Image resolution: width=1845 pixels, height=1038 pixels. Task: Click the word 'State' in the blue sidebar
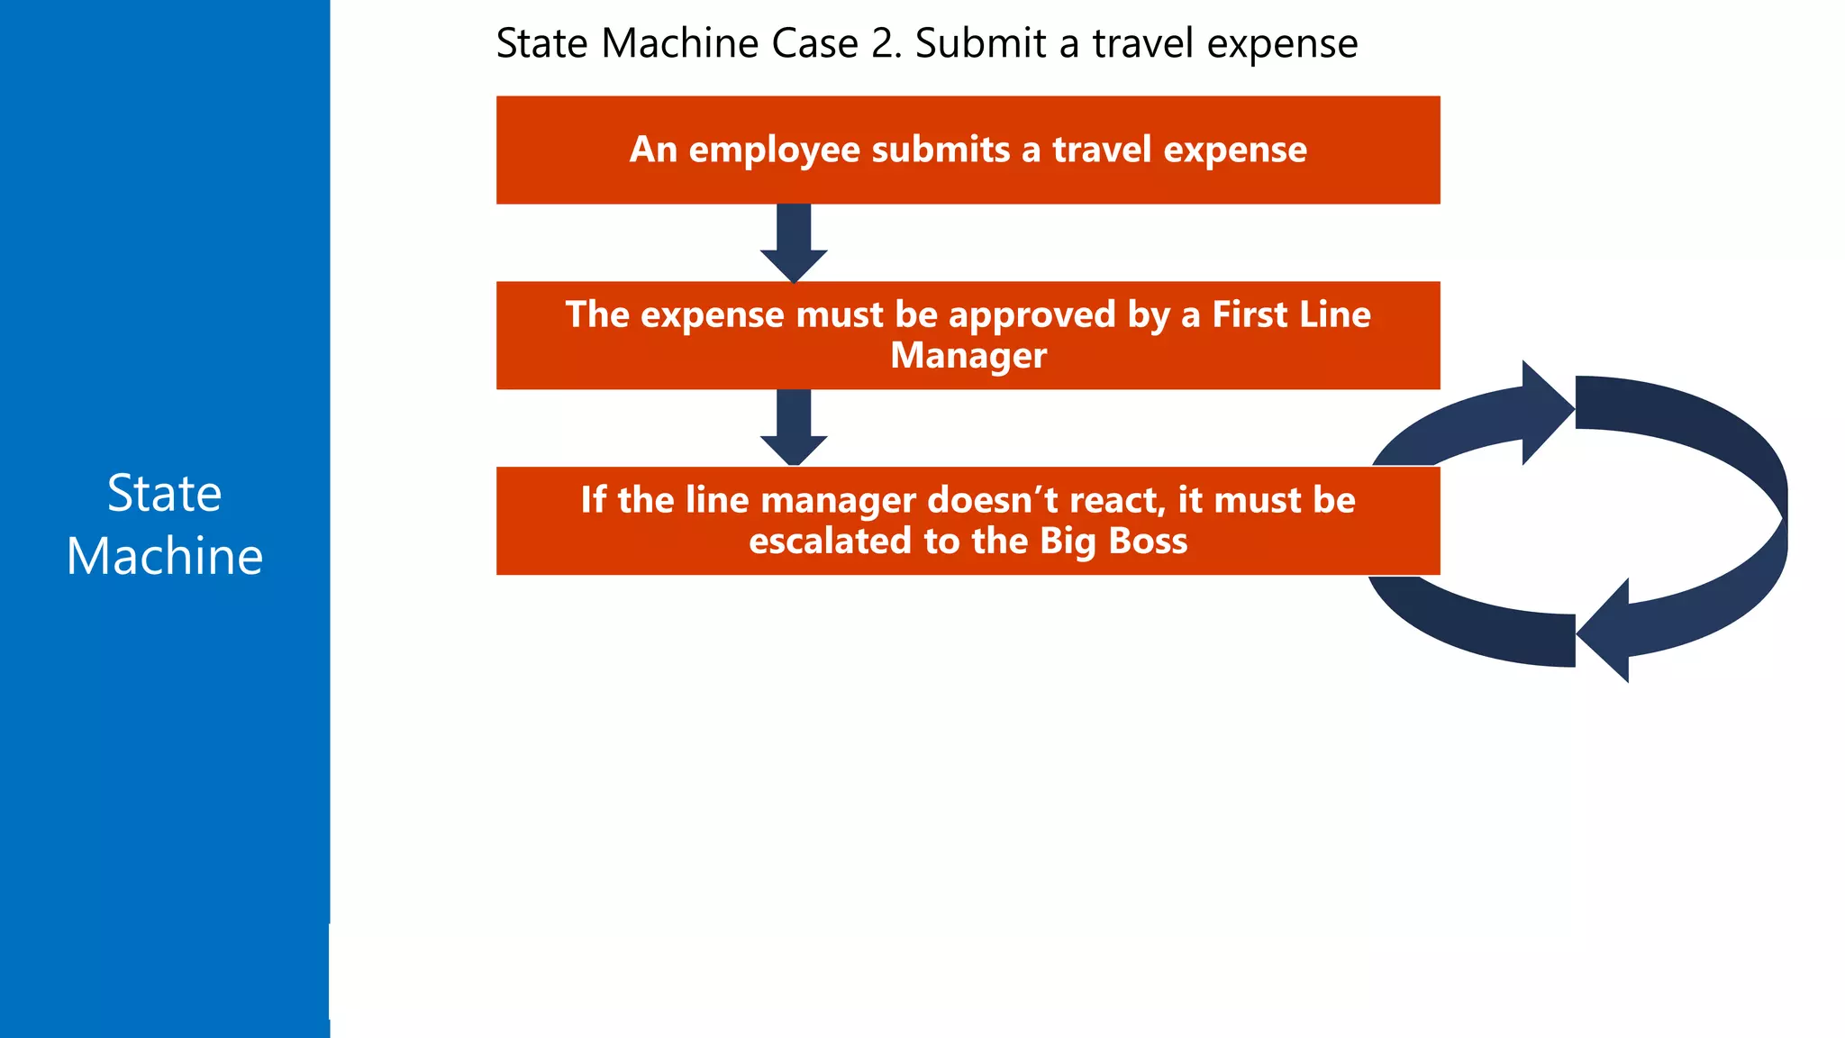coord(164,494)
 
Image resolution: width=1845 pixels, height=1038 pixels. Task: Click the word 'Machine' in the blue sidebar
coord(164,556)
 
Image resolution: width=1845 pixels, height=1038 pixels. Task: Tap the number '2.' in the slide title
coord(886,43)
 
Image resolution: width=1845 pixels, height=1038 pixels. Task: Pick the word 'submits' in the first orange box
coord(941,150)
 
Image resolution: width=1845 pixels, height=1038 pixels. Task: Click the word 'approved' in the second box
coord(1032,315)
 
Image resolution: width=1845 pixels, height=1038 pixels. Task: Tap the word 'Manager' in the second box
coord(968,355)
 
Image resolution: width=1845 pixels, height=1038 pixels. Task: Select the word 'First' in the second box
coord(1250,314)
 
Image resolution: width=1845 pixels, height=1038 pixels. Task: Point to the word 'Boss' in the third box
coord(1148,541)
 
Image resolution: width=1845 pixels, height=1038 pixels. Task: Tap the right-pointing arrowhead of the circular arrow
coord(1545,412)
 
